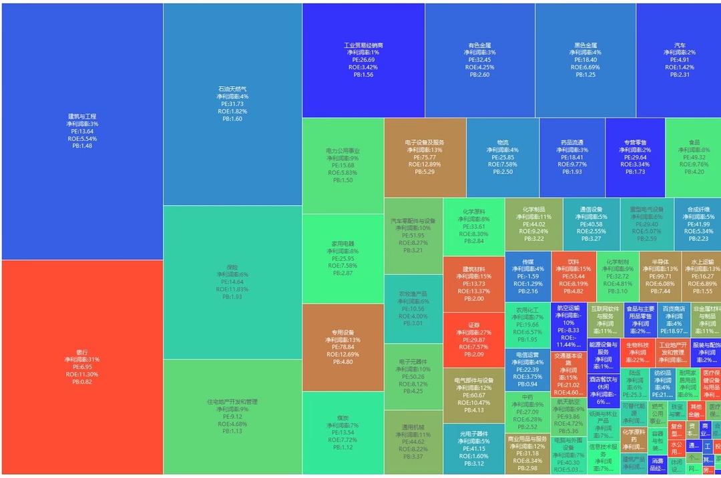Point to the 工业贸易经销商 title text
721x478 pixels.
(364, 45)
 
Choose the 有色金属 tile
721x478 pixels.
(479, 60)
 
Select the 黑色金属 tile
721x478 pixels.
(585, 60)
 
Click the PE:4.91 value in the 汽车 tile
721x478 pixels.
(679, 60)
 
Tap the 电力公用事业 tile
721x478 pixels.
(343, 166)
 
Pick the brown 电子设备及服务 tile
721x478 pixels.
(425, 158)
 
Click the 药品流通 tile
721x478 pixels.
(572, 158)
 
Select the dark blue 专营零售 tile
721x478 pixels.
(635, 158)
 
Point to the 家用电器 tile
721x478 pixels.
(343, 258)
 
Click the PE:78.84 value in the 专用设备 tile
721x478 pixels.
(343, 347)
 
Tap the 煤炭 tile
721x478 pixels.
(343, 433)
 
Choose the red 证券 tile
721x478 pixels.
(473, 339)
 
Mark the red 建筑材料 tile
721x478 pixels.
(473, 284)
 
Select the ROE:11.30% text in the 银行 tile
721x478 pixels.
(82, 375)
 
